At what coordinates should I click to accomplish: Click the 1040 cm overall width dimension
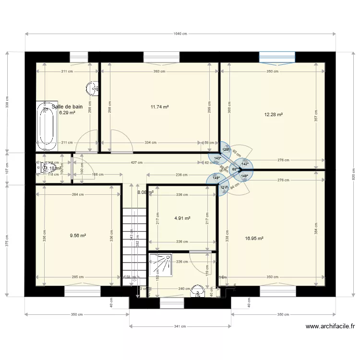180,34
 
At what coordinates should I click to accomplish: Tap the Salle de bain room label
67,107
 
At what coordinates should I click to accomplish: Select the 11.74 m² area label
159,107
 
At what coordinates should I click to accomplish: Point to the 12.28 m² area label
273,115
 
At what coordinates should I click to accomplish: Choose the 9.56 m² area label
78,236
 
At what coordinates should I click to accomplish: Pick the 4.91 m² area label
182,218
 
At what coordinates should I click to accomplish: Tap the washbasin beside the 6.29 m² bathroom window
92,88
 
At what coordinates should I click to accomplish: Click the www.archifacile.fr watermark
330,327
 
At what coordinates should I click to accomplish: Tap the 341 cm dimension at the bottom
180,326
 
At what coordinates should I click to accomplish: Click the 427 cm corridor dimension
137,163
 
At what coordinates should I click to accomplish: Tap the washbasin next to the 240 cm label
197,292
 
